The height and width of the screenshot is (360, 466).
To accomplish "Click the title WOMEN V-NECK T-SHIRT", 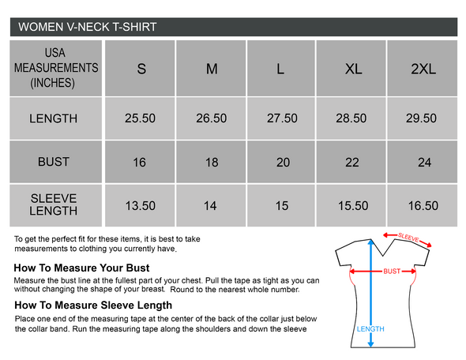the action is pos(88,27).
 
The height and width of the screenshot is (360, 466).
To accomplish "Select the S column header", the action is pos(141,69).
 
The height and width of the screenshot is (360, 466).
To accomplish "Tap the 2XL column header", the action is pos(423,69).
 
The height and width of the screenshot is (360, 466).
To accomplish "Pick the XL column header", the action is pos(353,69).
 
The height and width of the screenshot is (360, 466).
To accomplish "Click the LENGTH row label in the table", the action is pos(53,118).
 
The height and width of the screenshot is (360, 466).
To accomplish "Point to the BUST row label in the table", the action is pos(54,162).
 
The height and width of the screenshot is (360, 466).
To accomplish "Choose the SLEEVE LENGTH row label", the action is pos(54,204).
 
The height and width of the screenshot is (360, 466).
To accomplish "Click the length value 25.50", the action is pos(140,118).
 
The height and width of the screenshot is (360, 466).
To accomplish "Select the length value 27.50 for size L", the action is pos(282,118).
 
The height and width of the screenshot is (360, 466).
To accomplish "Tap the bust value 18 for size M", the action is pos(212,163).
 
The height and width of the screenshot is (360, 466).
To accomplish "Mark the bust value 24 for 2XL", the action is pos(424,163).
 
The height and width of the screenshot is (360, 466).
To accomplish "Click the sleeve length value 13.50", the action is pos(141,206).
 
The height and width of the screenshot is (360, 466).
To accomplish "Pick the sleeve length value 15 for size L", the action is pos(282,206).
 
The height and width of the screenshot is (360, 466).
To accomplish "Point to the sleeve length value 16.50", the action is pos(423,206).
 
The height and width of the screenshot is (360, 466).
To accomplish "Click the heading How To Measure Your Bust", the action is pos(81,268).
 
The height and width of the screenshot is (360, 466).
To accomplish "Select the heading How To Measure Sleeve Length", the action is pos(93,306).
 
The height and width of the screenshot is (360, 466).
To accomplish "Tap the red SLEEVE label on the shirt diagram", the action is pos(408,238).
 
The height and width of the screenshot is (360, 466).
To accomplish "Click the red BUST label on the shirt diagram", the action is pos(392,272).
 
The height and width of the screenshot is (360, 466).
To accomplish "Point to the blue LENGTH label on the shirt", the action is pos(370,328).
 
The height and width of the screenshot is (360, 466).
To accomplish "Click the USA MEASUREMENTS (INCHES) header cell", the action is pos(56,68).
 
